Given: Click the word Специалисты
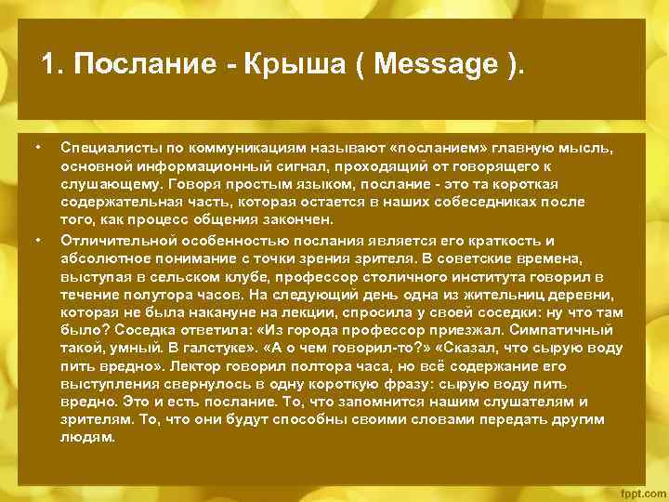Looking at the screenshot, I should (x=106, y=148).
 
